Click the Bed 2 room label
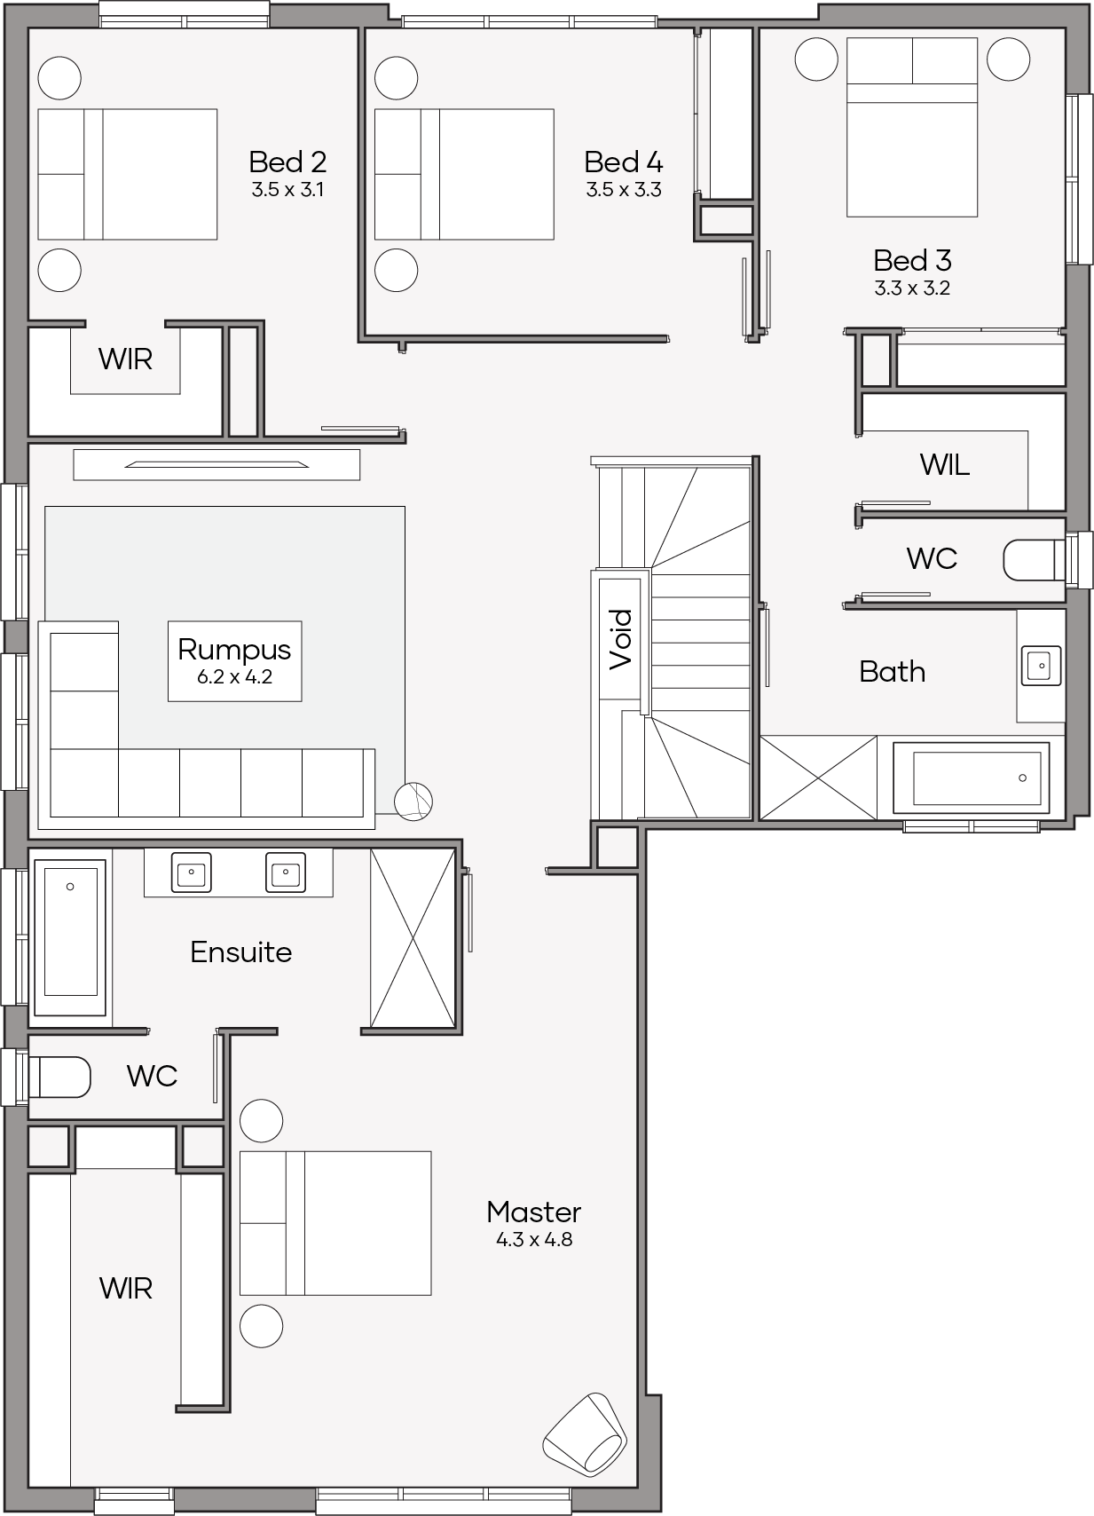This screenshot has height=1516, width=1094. pos(287,162)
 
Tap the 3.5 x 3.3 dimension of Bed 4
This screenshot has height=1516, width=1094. pos(624,190)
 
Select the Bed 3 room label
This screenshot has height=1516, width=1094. pos(913,261)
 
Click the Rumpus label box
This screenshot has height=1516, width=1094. pos(235,660)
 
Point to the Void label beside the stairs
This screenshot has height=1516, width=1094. pos(620,640)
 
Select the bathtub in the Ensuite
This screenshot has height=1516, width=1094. pos(70,936)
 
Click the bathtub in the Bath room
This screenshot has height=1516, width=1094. pos(972,778)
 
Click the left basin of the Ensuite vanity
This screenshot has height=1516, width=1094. pos(192,872)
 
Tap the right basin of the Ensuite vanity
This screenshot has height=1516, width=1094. pos(286,872)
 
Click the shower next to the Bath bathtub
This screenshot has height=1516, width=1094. pos(819,778)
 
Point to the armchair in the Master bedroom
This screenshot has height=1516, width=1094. pos(586,1433)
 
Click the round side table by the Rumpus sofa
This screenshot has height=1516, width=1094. pos(413,802)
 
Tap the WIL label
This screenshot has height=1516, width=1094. pos(944,465)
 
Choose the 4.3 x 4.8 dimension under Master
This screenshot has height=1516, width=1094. pos(534,1240)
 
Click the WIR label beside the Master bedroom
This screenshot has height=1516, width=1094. pos(126,1289)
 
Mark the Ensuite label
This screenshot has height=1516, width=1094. pos(240,952)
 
